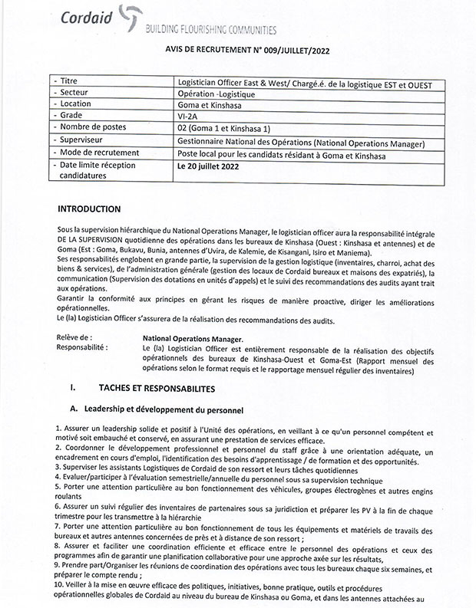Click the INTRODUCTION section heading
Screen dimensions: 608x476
coord(89,209)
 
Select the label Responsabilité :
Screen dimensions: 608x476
coord(83,347)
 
